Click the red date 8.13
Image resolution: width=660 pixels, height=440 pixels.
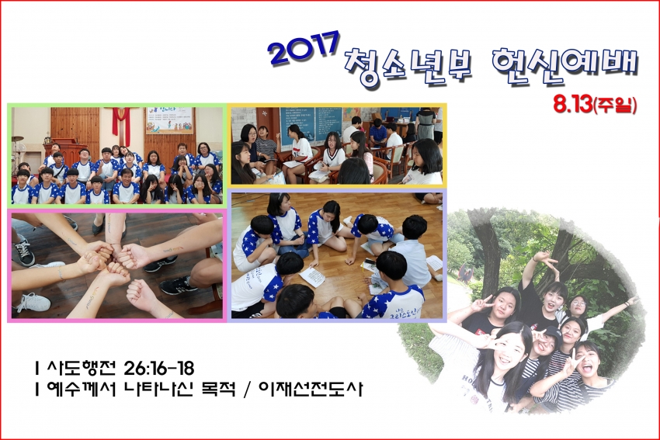click(x=572, y=105)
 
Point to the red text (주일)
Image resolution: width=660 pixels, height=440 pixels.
click(x=614, y=106)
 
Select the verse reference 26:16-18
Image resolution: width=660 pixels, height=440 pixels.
click(x=159, y=368)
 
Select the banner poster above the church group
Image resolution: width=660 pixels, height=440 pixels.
click(x=169, y=120)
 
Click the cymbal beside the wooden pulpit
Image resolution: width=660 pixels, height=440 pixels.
click(x=18, y=138)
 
